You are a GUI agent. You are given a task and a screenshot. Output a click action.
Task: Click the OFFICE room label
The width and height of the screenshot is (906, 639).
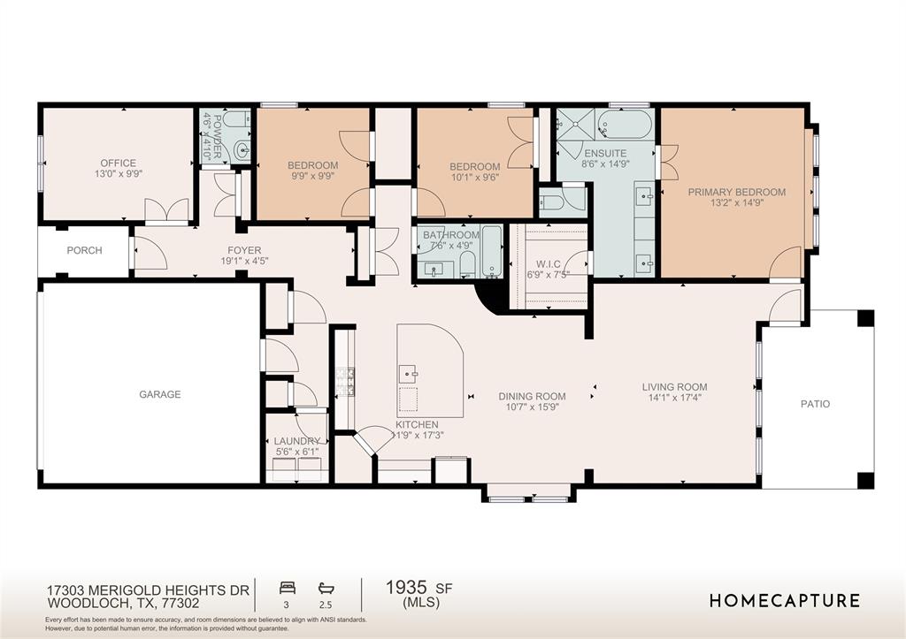pos(119,164)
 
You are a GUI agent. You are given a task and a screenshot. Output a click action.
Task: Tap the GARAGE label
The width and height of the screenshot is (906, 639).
pos(160,394)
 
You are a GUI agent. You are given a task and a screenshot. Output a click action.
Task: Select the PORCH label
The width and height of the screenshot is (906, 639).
pos(84,250)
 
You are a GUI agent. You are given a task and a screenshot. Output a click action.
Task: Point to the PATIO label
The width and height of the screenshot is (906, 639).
pos(815,404)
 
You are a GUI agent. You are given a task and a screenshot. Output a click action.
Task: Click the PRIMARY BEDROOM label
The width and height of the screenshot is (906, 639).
pos(737,192)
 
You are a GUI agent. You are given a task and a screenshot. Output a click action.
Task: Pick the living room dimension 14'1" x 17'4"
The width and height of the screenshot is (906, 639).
pos(674,398)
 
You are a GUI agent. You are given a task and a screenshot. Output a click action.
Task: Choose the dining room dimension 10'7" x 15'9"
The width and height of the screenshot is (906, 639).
pos(532,407)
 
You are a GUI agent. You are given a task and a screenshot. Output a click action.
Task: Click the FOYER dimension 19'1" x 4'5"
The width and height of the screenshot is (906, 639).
pos(244,261)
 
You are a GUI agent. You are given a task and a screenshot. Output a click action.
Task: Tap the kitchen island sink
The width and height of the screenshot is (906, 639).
pos(411,374)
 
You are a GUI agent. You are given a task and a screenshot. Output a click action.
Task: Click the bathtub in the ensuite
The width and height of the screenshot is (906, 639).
pos(625,125)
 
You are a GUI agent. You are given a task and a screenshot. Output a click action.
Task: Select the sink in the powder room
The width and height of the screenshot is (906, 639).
pos(242,150)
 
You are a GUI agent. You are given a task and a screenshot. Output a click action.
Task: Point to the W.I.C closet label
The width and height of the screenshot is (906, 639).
pos(548,263)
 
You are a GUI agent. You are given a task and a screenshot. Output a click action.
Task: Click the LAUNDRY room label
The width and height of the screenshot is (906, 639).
pos(296,441)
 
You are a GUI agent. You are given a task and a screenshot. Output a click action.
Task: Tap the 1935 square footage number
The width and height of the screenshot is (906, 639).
pos(406,588)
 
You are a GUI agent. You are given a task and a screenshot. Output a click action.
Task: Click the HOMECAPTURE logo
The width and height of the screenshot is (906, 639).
pos(785,601)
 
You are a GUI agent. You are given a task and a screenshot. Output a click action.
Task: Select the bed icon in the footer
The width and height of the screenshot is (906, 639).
pos(288,589)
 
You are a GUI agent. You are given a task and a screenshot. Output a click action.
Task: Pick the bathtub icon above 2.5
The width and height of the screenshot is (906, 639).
pos(326,589)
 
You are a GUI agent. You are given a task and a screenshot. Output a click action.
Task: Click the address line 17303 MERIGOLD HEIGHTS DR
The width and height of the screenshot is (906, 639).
pos(148,590)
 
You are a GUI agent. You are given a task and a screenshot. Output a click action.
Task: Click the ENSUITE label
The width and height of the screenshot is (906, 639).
pos(605,154)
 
